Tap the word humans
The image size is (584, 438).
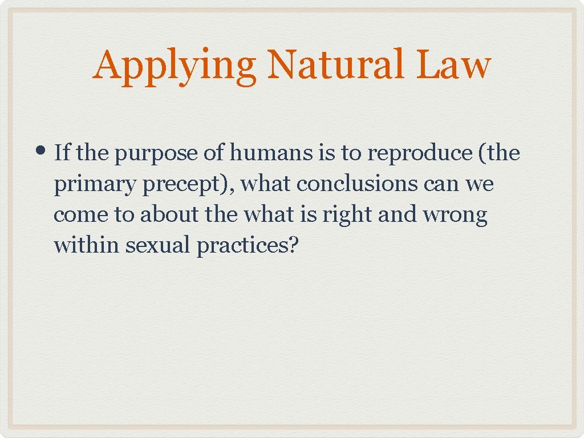click(x=267, y=153)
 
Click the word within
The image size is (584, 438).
click(x=86, y=246)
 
